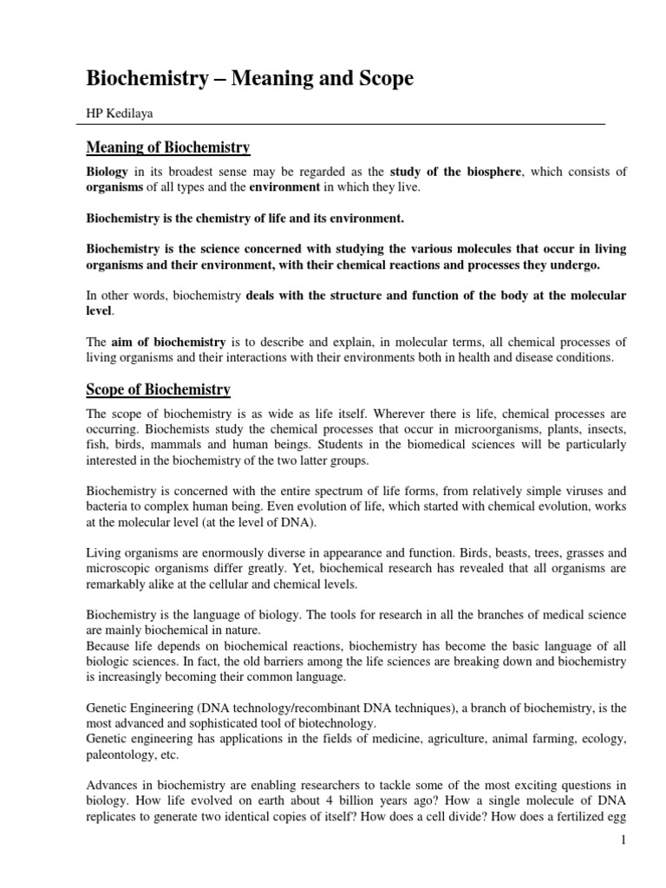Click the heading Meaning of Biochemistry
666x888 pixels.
click(x=168, y=147)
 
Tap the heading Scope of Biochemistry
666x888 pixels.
click(x=158, y=389)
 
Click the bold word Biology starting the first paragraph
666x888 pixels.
click(x=107, y=171)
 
